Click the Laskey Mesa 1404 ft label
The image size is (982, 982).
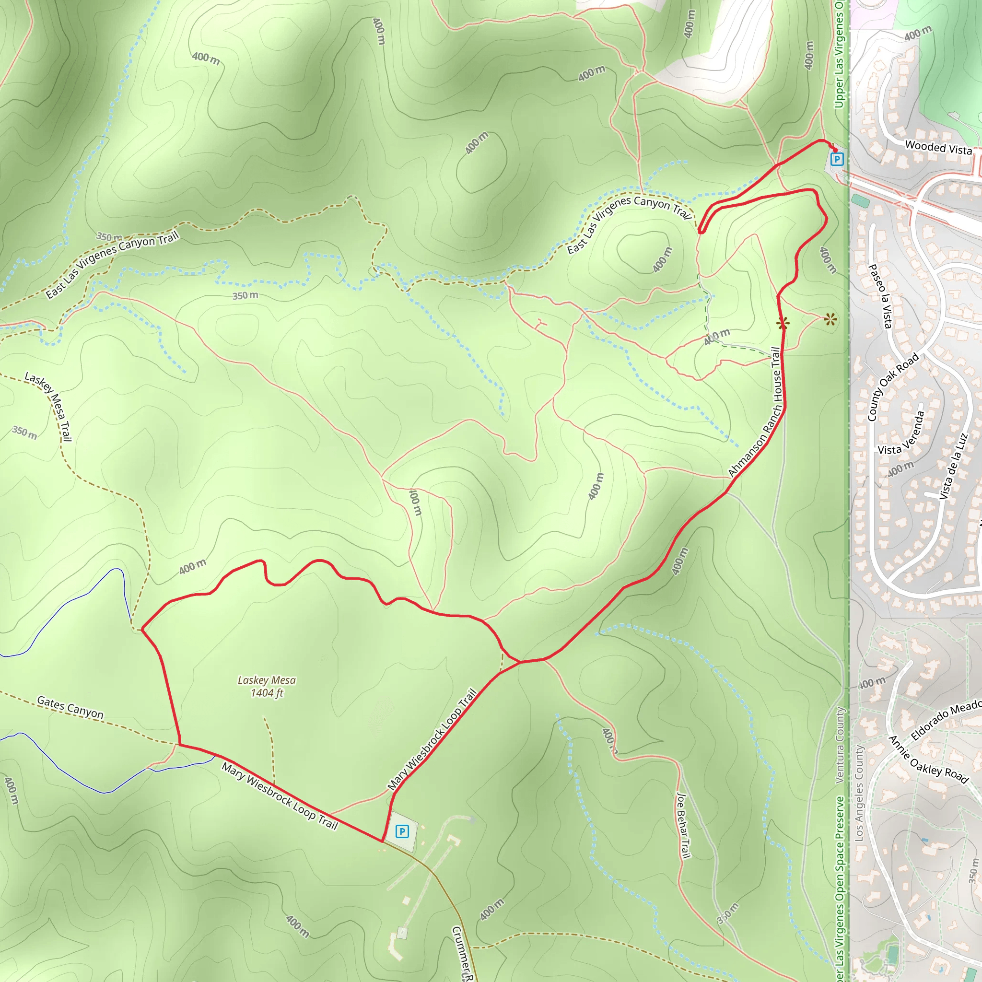point(266,686)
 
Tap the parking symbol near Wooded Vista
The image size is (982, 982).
point(836,160)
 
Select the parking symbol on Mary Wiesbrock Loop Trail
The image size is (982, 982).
point(402,831)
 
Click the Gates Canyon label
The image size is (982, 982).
point(70,708)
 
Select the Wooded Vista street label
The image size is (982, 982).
point(938,147)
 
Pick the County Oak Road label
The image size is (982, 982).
point(893,386)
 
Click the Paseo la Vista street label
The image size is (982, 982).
point(880,296)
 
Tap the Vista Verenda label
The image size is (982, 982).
point(900,433)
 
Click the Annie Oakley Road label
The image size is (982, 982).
point(928,760)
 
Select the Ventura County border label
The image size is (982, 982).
point(840,745)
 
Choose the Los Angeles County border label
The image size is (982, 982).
point(859,793)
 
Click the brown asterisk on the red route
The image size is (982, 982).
point(783,323)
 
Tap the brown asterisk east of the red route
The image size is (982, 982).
point(830,320)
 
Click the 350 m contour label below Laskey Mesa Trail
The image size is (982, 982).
point(24,433)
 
